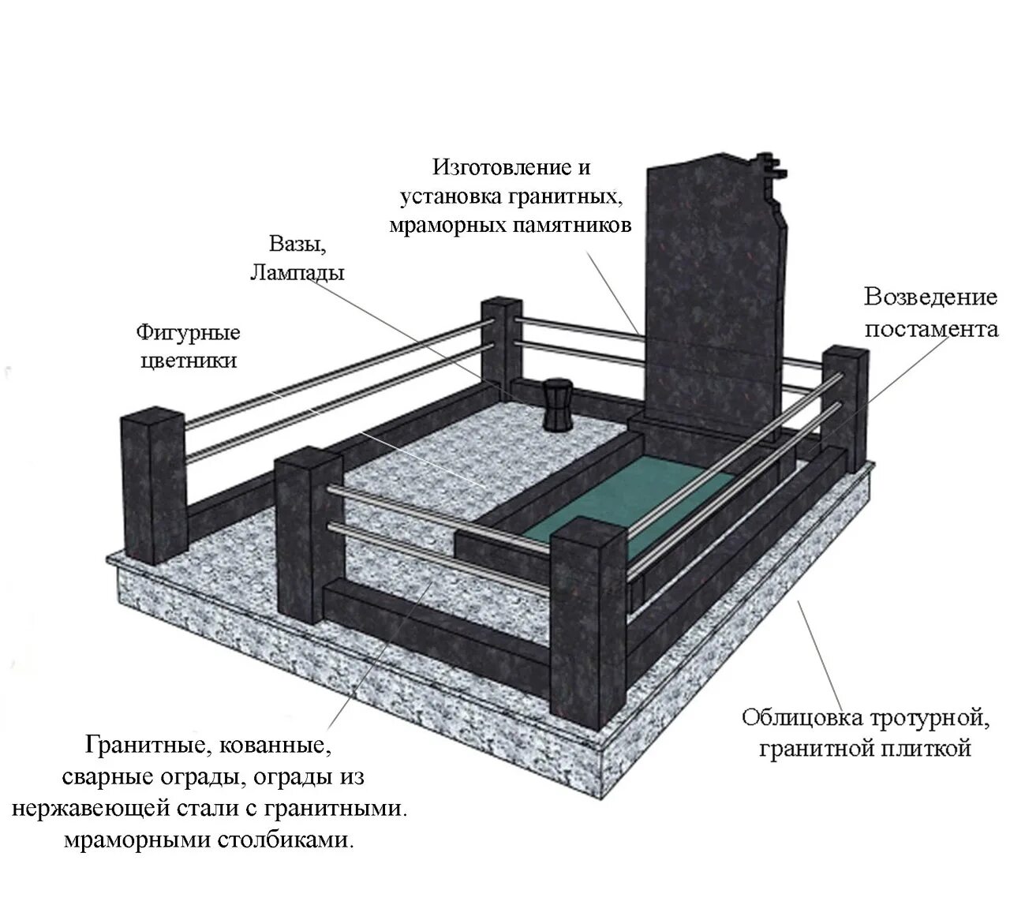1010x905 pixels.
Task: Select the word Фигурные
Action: point(188,333)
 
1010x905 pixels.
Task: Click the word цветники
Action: point(188,361)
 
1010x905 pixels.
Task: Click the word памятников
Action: point(574,226)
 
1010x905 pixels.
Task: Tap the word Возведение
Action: point(930,297)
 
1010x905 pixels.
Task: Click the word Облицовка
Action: point(802,719)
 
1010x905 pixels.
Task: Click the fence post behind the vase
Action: point(502,342)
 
